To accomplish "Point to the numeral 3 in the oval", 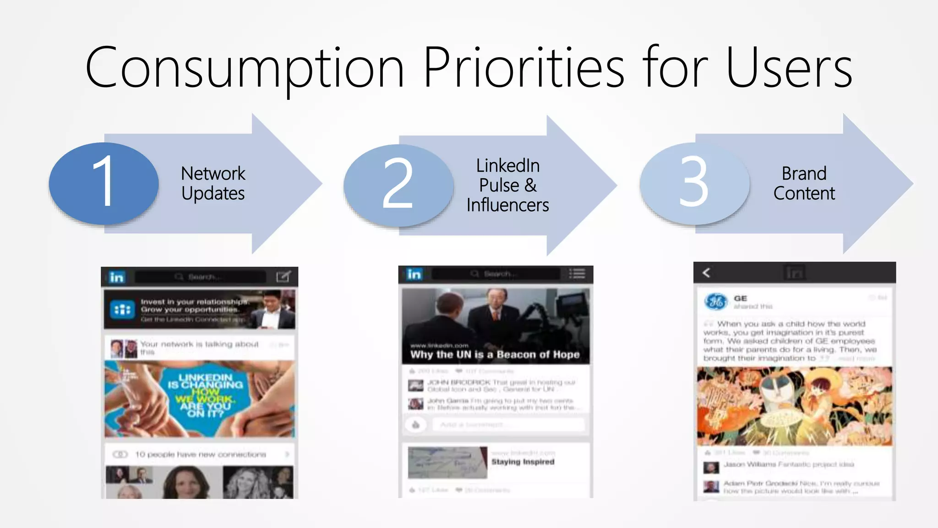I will click(693, 182).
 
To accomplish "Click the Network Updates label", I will click(213, 183).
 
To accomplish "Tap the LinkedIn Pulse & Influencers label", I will click(507, 185).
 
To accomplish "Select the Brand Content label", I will click(804, 183).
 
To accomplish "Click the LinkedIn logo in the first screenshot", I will click(117, 277).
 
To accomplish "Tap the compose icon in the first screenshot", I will click(283, 276).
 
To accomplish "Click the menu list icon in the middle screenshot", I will click(577, 274).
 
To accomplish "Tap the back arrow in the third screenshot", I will click(706, 273).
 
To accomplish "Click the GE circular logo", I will click(715, 301).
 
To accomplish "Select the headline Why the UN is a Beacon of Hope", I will click(495, 354).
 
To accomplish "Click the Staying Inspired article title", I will click(523, 462).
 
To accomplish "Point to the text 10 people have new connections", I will click(200, 454).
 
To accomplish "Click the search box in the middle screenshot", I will click(496, 274).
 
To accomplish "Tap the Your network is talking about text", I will click(199, 344).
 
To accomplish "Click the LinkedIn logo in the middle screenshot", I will click(414, 274).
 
